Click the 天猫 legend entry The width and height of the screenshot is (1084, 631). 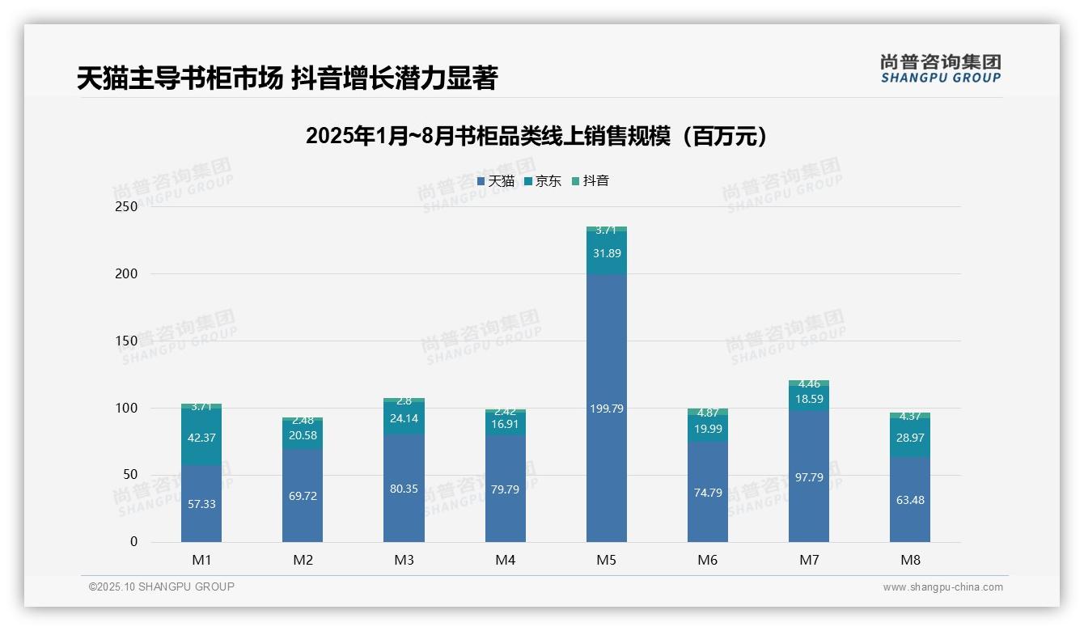(x=496, y=181)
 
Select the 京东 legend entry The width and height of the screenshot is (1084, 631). (x=543, y=181)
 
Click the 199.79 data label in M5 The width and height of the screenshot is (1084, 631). (x=606, y=409)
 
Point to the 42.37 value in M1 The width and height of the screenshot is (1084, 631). (x=201, y=438)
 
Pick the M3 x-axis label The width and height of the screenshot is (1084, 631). (x=404, y=560)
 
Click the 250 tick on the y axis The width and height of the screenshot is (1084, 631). (x=128, y=206)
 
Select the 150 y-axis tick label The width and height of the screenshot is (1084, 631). (x=128, y=341)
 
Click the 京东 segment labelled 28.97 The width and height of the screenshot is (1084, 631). (x=910, y=438)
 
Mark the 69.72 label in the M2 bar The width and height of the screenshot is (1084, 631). (x=303, y=496)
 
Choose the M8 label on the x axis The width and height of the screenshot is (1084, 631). (x=910, y=560)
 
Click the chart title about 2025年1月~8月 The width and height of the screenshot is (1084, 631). (x=536, y=136)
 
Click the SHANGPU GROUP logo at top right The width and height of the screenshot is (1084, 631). (x=940, y=69)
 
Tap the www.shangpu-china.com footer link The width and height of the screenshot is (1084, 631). (x=942, y=587)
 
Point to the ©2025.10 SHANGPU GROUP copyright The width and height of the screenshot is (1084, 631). (x=162, y=587)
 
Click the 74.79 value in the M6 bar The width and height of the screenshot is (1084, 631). (x=708, y=493)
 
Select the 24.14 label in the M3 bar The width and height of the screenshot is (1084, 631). (x=404, y=419)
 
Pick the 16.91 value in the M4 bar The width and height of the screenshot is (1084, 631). (x=506, y=422)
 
